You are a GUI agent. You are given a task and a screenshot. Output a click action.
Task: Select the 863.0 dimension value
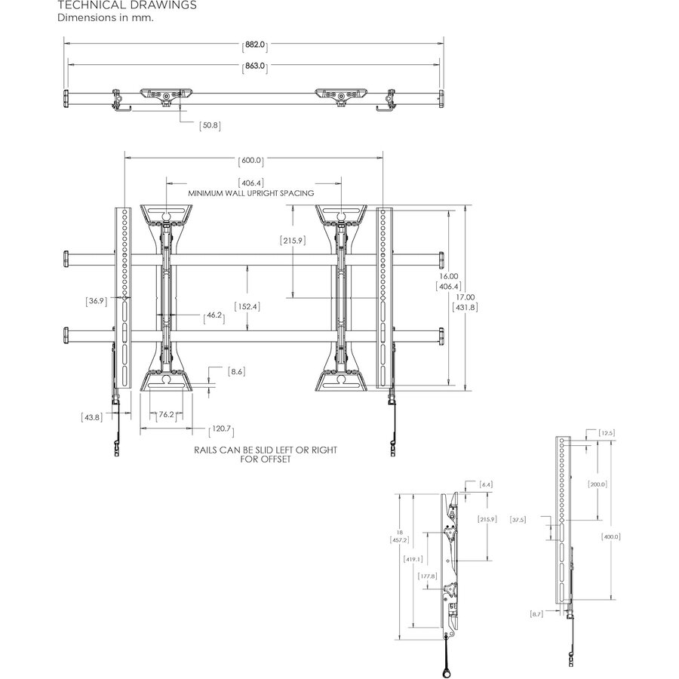[x=254, y=67]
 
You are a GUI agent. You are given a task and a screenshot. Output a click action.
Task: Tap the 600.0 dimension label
[x=250, y=161]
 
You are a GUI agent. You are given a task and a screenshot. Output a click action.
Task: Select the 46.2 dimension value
[x=214, y=316]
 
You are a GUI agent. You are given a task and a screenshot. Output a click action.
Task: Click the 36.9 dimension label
[x=96, y=301]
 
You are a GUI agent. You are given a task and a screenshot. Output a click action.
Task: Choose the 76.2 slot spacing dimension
[x=167, y=413]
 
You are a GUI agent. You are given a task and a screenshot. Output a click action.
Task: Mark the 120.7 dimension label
[x=221, y=429]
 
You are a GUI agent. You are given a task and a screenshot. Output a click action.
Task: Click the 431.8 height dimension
[x=466, y=307]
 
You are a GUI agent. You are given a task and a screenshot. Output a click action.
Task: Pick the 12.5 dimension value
[x=607, y=432]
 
